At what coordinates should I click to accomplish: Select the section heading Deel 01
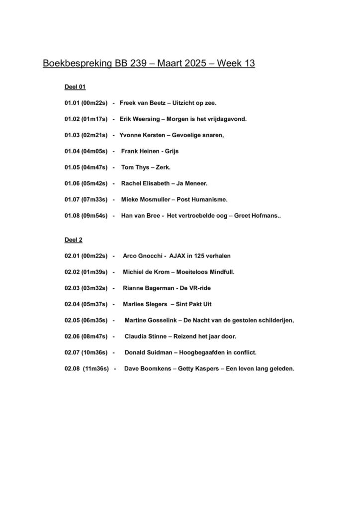pos(75,87)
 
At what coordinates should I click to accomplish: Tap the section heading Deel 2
pos(74,240)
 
